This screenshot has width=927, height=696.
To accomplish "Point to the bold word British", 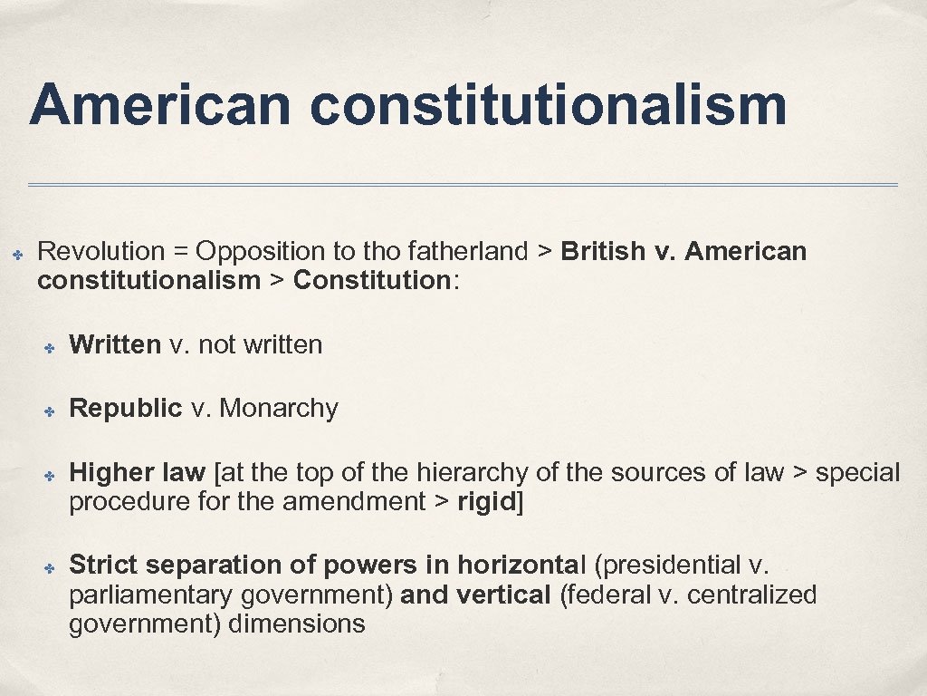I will (x=603, y=251).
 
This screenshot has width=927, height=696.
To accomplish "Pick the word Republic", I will (x=126, y=409).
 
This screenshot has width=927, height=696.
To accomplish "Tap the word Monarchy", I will (x=279, y=409).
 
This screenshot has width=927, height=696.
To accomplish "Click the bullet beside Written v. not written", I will (x=52, y=347).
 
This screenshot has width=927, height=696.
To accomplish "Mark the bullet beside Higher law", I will (x=52, y=475).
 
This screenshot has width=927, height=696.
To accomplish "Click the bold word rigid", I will (x=486, y=501).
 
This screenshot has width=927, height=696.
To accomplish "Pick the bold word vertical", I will (x=502, y=595).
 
